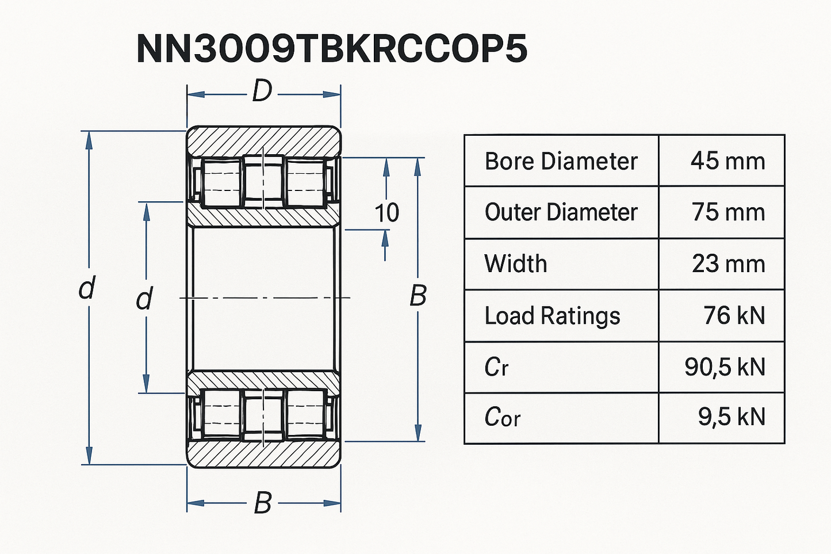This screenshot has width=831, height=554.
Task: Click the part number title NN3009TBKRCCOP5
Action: (332, 49)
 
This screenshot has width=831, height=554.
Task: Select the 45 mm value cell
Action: (727, 161)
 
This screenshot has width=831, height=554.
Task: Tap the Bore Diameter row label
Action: (561, 161)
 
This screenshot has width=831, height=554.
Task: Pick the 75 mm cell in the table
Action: (728, 212)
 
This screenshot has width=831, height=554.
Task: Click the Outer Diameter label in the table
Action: (561, 212)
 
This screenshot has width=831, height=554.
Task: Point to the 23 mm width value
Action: (728, 264)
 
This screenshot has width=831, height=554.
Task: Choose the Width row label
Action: (516, 264)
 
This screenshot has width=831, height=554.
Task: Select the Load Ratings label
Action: (552, 316)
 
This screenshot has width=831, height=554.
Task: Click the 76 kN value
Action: (734, 316)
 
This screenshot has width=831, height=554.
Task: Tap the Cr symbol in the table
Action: (496, 367)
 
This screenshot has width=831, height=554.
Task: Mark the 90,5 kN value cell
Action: (725, 367)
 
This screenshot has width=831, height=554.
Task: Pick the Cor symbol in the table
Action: (502, 418)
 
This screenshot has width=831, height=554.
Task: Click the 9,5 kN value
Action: (732, 418)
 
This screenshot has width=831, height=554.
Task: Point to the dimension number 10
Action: (386, 213)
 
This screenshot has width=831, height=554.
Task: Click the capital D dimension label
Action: (262, 91)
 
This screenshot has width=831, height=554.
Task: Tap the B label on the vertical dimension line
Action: (418, 296)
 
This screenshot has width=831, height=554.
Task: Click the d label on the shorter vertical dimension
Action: (144, 299)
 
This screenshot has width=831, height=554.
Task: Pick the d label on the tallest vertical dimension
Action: (86, 289)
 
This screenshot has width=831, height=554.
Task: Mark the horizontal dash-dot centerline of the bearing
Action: (265, 298)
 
